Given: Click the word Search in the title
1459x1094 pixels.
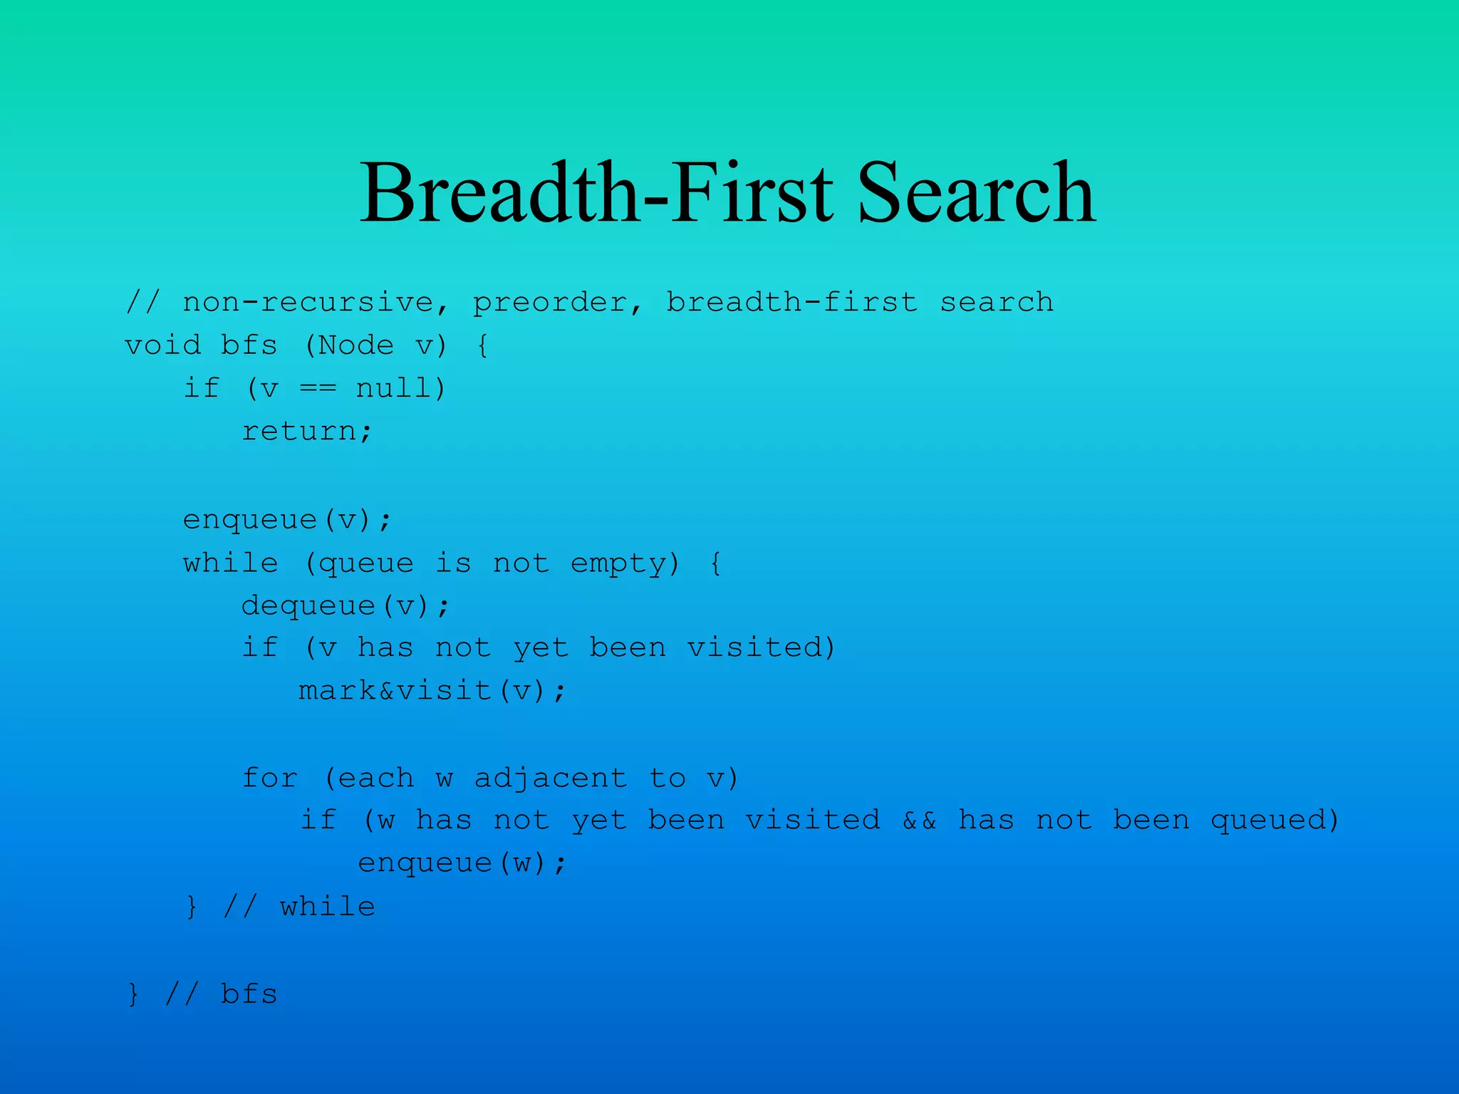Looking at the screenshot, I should point(976,194).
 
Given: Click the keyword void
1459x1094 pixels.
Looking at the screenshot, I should point(162,346).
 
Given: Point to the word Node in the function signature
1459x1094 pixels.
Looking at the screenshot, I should point(356,346).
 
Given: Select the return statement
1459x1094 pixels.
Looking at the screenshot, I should point(306,432).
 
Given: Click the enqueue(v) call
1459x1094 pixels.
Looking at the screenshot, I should point(286,520).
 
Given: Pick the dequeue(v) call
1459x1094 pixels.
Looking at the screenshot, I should point(345,606).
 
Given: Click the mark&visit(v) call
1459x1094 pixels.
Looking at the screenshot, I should point(432,691).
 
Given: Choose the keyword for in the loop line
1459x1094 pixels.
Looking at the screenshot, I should point(269,778).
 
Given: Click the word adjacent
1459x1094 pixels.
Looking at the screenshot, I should point(551,778).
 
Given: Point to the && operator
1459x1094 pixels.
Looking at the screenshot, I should point(919,820).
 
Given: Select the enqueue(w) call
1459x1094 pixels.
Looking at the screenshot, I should point(461,863).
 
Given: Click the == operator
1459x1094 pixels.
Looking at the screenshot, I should point(317,389).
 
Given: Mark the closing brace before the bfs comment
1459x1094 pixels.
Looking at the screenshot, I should point(133,994).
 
